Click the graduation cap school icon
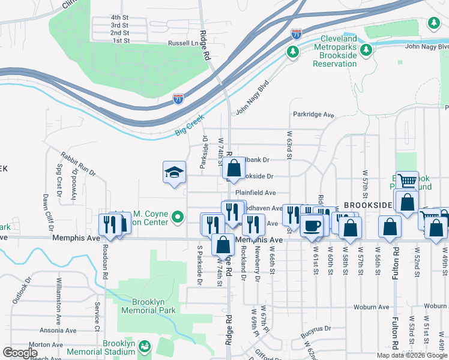[174, 173]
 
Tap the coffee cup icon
[312, 226]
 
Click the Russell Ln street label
[182, 43]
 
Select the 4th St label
[120, 17]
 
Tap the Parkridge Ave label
[313, 114]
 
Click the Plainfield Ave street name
[255, 193]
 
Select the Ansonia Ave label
[58, 331]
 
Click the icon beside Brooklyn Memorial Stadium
[144, 346]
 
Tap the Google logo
[20, 353]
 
